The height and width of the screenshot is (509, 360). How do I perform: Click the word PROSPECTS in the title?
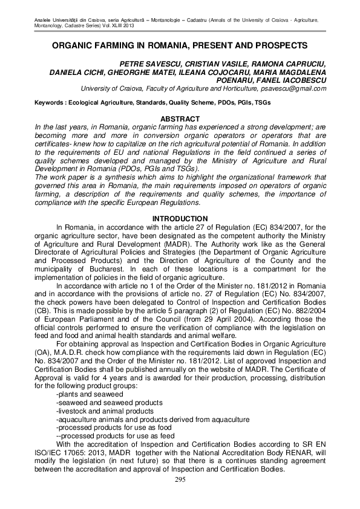281,45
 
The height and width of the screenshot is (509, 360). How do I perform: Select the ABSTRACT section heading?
180,119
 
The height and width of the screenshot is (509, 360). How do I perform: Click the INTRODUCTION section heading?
180,218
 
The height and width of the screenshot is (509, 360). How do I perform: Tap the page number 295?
180,479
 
